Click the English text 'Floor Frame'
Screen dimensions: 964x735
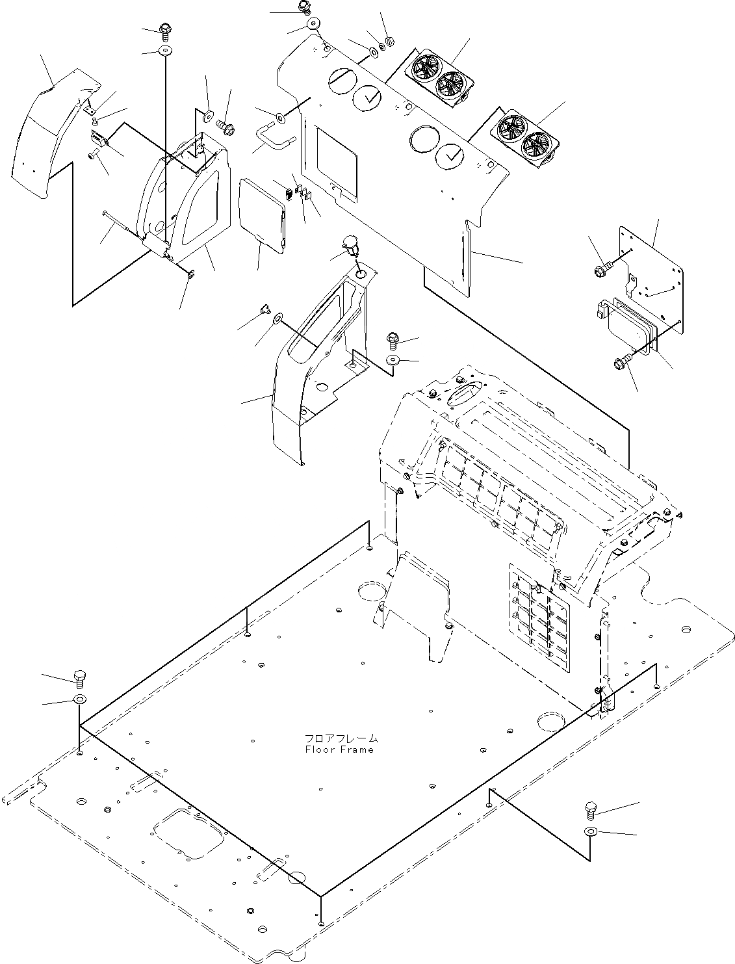(x=339, y=749)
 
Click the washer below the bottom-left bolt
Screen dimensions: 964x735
(x=80, y=699)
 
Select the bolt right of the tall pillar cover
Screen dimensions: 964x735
(x=393, y=338)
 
